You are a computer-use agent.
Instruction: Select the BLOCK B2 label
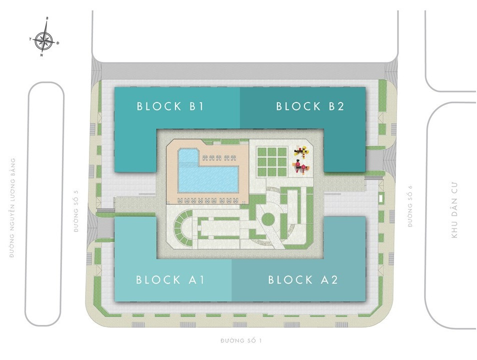click(x=310, y=106)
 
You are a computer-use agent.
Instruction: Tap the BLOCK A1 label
click(x=169, y=279)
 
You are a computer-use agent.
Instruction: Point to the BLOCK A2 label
click(x=303, y=279)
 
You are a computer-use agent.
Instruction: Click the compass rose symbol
click(x=45, y=40)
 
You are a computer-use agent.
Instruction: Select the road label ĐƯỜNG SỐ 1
click(x=241, y=341)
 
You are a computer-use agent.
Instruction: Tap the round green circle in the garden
click(x=268, y=218)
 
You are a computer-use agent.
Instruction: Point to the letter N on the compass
click(x=41, y=55)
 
